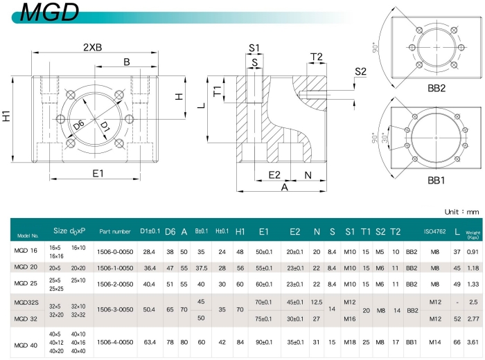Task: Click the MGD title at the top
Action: coord(49,12)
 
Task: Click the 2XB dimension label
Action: coord(92,47)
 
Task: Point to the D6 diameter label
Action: coord(79,125)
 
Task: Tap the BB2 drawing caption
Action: coord(436,88)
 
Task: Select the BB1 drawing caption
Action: coord(436,180)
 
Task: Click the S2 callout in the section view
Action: coord(360,72)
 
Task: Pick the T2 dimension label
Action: coord(317,57)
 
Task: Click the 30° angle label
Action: coord(385,138)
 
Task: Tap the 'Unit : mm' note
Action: coord(461,212)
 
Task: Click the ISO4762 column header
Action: coord(434,231)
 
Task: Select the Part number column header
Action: coord(115,231)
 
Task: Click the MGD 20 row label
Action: coord(26,267)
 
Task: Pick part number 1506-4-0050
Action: coord(115,342)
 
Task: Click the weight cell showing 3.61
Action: coord(473,342)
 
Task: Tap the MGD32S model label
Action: coord(26,303)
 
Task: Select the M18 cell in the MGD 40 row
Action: coord(350,342)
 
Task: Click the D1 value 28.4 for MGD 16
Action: coord(149,252)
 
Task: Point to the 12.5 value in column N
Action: coord(317,303)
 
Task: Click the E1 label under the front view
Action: coord(98,173)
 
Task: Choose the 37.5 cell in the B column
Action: coord(202,268)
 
